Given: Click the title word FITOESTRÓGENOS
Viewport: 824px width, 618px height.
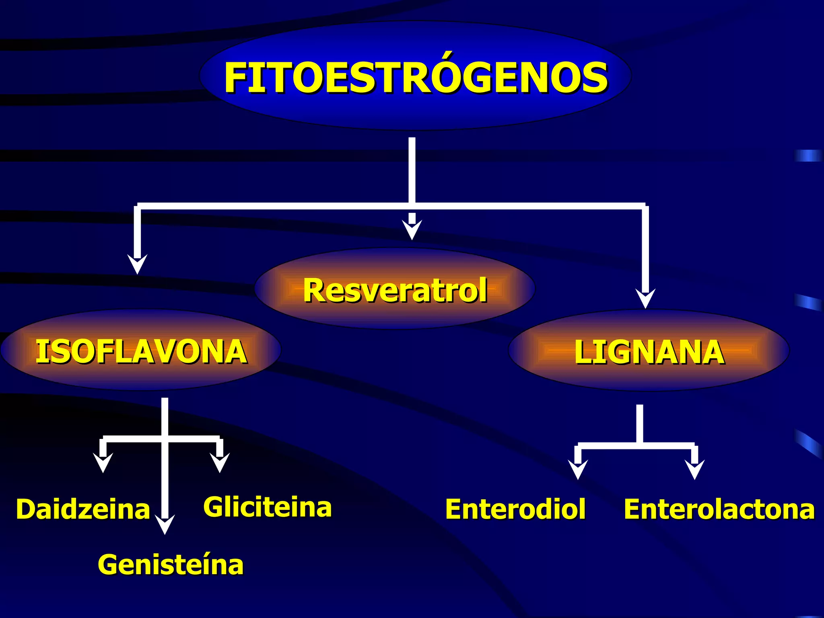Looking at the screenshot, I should pos(416,78).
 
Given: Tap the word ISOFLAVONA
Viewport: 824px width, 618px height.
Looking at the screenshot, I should pos(141,352).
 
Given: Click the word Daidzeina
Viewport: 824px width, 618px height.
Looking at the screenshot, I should pos(83,509).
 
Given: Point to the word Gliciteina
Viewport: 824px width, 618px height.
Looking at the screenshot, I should pos(268,507).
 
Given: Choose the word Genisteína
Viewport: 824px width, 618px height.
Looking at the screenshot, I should pos(171,565).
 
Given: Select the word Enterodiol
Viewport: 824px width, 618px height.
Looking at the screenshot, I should pos(515,509).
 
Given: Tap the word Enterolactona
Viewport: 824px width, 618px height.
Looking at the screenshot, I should pos(719,509).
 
